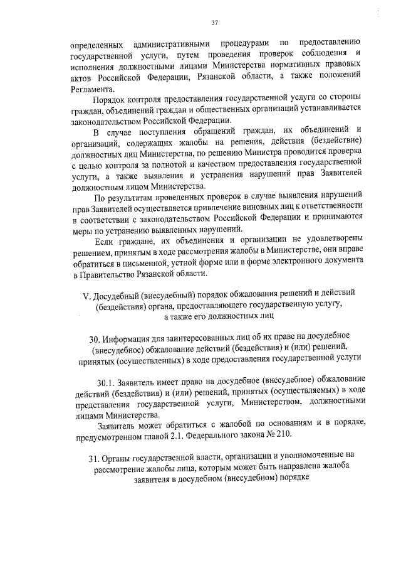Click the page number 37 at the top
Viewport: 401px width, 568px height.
[214, 23]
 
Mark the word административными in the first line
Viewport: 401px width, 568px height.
[172, 43]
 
